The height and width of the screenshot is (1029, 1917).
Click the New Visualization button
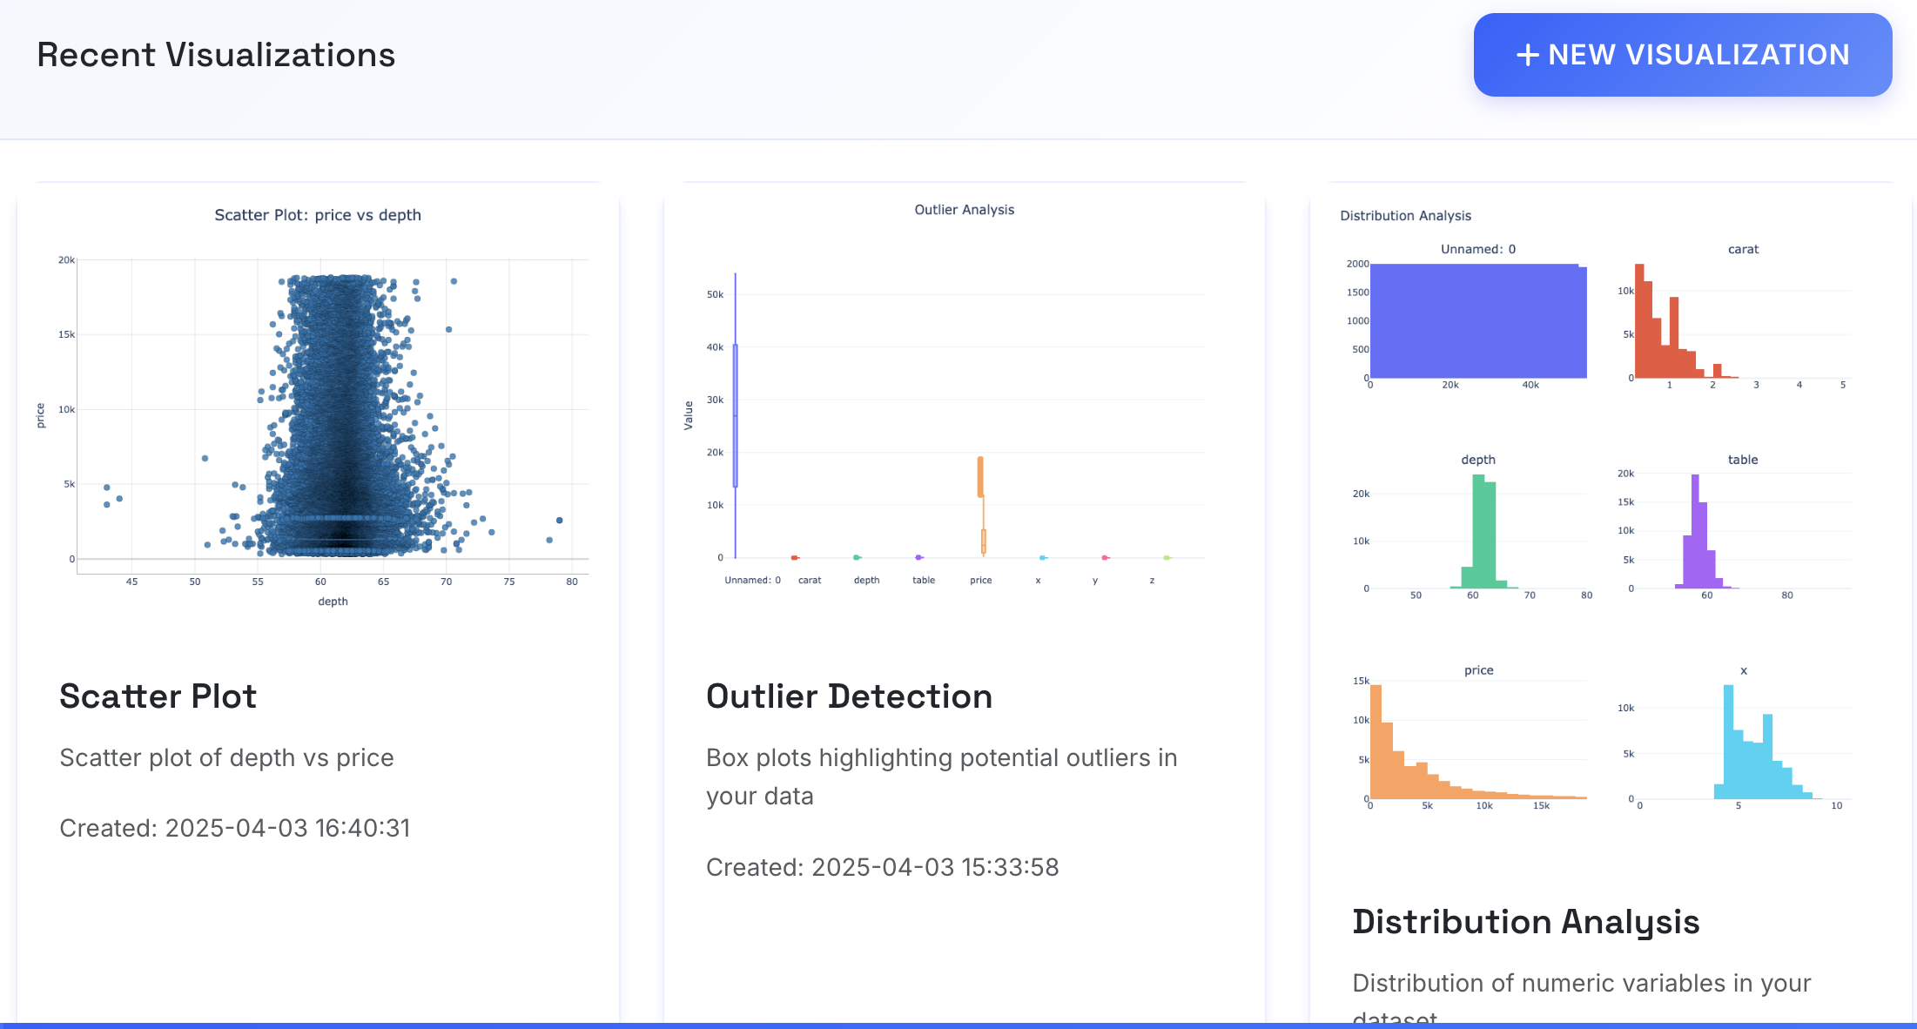[x=1682, y=55]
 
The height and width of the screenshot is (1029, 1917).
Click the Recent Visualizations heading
[x=216, y=55]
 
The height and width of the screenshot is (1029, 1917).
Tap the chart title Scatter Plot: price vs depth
[x=318, y=215]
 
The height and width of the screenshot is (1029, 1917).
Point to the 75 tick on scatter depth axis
[x=509, y=582]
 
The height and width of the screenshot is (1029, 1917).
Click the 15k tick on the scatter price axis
[x=66, y=334]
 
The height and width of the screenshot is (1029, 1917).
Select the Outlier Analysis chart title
[x=964, y=210]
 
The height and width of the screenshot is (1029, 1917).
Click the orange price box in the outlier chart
[x=980, y=477]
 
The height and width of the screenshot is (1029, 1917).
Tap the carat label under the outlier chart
[x=810, y=580]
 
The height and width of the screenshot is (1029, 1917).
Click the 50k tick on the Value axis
[x=715, y=294]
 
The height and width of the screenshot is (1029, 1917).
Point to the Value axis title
[x=689, y=415]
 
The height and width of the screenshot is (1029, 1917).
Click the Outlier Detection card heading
[x=849, y=696]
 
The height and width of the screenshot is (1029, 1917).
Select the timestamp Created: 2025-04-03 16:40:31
[x=234, y=828]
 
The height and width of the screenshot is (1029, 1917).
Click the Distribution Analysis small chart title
[x=1405, y=216]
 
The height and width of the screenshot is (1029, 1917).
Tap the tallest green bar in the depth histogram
[x=1478, y=531]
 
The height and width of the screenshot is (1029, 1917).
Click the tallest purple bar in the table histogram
[x=1695, y=531]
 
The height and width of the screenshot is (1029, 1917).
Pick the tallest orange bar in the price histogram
[x=1376, y=740]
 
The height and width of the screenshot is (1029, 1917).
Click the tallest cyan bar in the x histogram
[x=1728, y=740]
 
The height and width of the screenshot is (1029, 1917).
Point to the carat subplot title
[x=1743, y=249]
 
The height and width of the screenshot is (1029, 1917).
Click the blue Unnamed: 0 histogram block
[x=1476, y=321]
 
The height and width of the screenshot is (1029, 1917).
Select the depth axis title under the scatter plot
[x=333, y=602]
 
